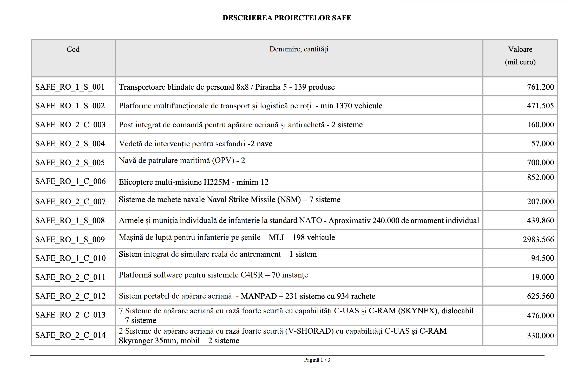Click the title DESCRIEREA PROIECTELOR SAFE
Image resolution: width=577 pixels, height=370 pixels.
(287, 18)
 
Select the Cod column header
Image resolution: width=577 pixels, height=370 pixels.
(73, 49)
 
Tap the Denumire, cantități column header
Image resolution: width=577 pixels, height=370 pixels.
(299, 49)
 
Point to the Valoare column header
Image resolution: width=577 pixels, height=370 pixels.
(520, 49)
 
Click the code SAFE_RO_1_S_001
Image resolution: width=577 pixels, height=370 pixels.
(70, 87)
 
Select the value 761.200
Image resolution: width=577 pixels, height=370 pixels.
(540, 87)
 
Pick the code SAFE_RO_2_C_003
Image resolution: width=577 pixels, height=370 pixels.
(70, 125)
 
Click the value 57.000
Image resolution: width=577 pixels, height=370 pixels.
(542, 143)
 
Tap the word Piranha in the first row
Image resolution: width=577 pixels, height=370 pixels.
(268, 87)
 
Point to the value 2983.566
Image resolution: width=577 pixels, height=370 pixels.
(538, 239)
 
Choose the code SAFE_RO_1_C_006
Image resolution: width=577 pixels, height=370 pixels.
(70, 181)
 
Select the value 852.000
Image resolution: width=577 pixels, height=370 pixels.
(540, 177)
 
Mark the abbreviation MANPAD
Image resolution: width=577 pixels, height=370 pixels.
(259, 296)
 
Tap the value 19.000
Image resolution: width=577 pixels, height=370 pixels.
(542, 277)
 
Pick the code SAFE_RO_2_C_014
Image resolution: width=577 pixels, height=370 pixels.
(70, 335)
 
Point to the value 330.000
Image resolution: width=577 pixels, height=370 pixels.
(540, 335)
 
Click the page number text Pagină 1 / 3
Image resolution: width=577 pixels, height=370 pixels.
(317, 360)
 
